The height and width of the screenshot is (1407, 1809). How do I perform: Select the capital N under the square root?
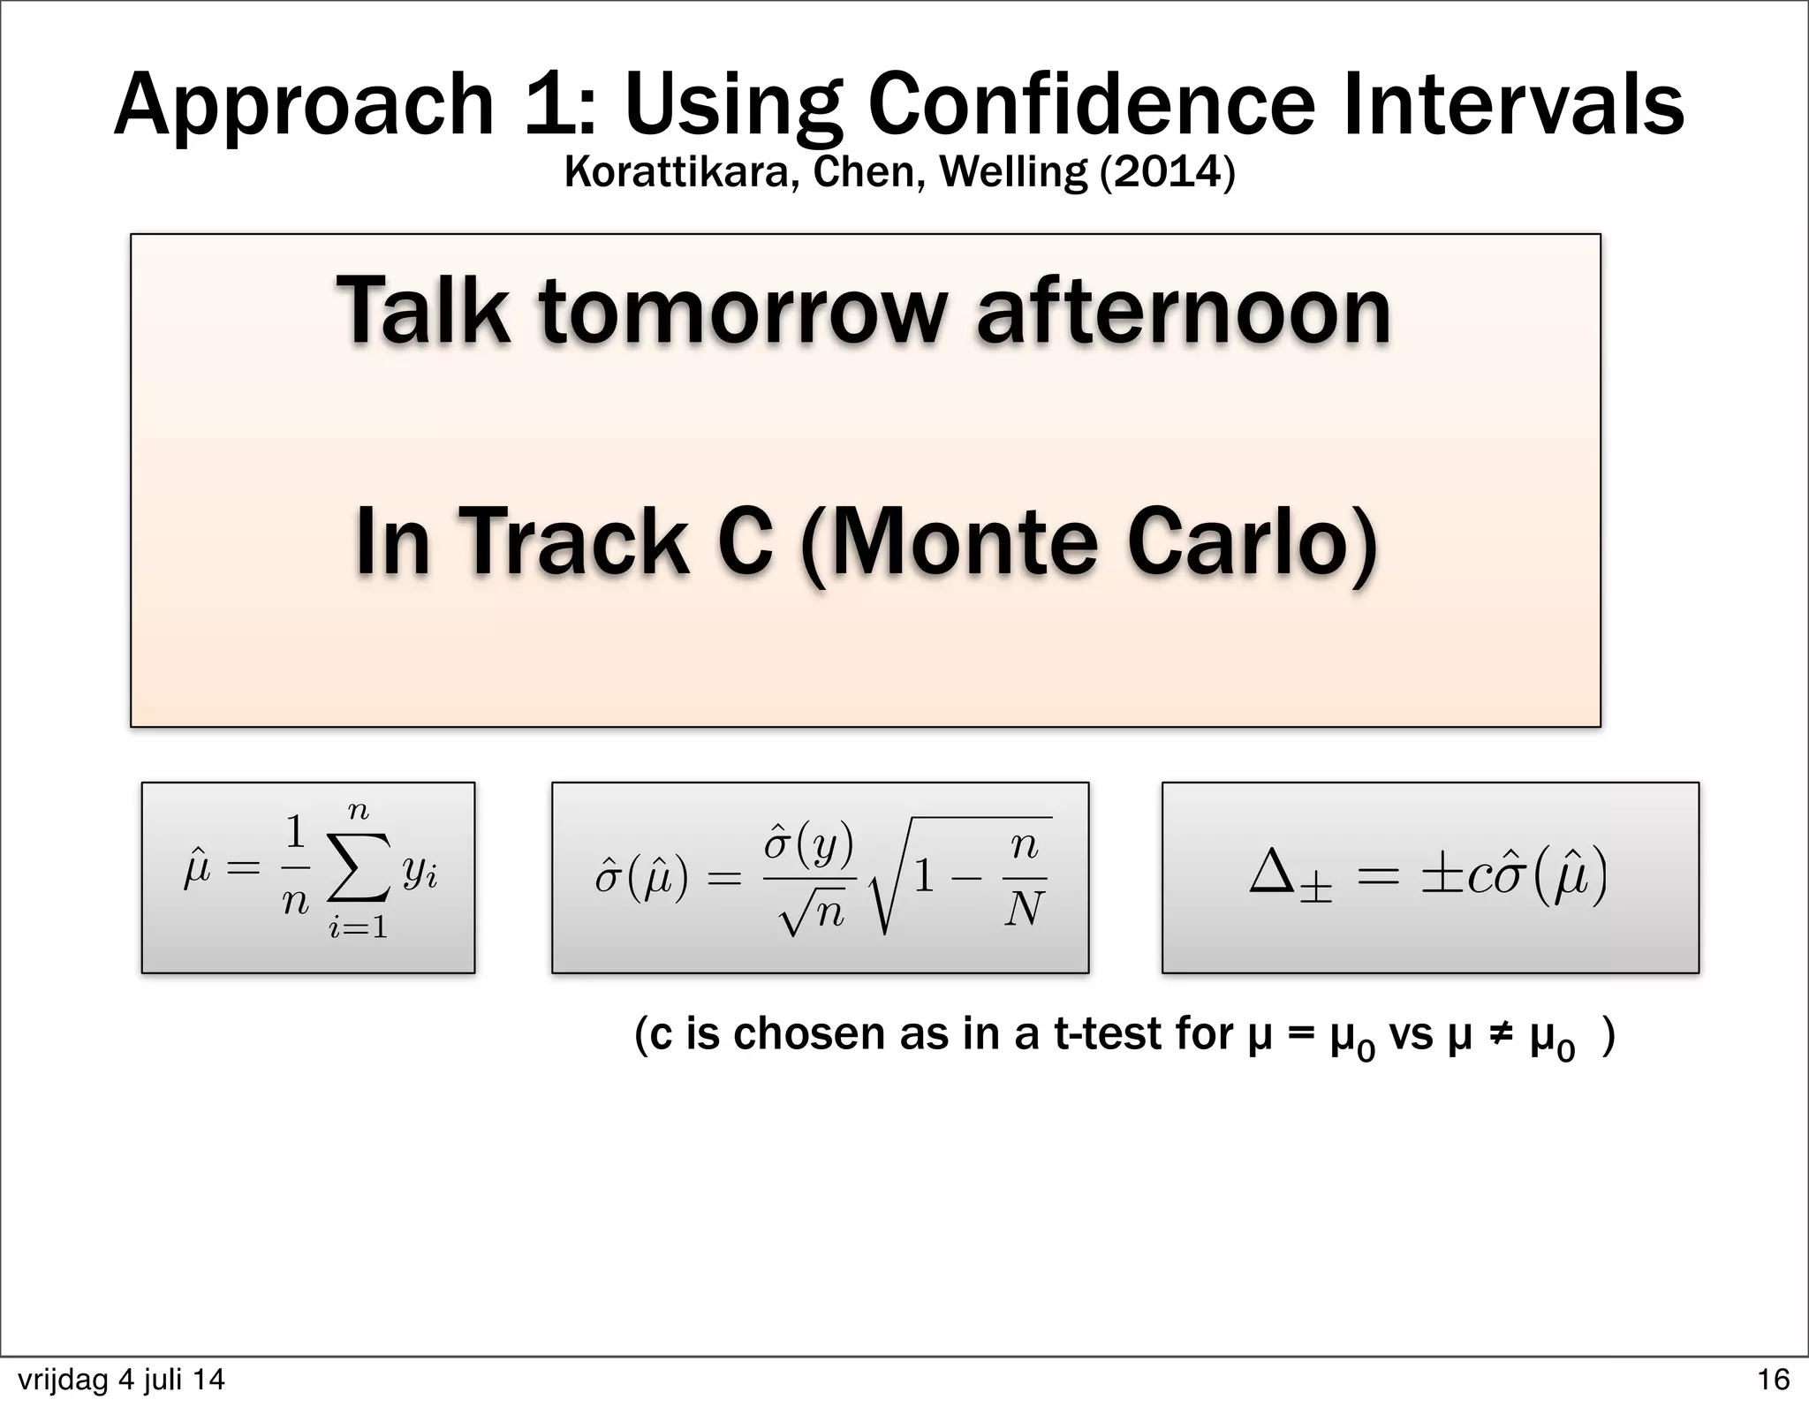coord(1024,909)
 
